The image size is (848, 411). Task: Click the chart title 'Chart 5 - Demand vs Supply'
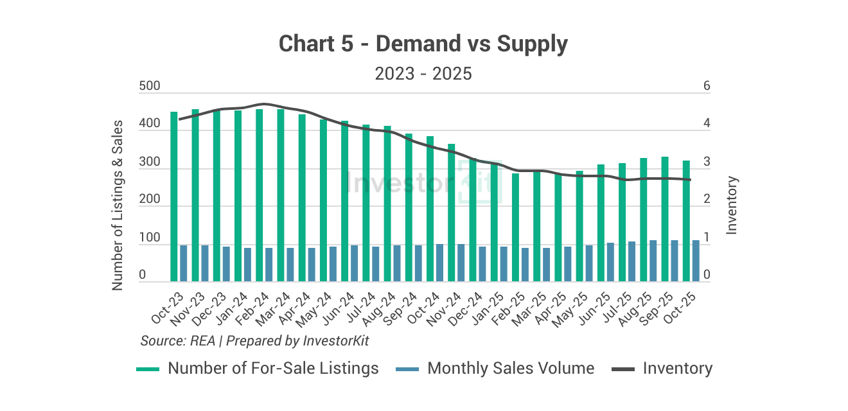[423, 44]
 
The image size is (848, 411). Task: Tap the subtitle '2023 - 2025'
[423, 74]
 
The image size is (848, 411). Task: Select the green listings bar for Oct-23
[173, 197]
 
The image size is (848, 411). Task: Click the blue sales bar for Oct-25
[695, 261]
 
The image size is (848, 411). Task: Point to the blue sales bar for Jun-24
[354, 263]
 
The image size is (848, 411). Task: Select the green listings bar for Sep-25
[665, 219]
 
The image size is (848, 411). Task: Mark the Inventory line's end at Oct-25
[691, 180]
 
